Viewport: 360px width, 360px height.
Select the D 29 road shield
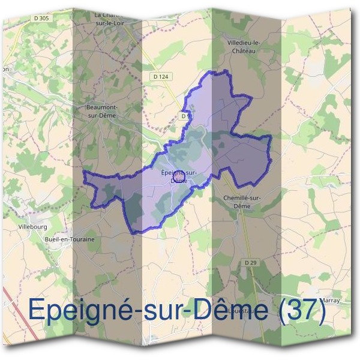click(x=251, y=263)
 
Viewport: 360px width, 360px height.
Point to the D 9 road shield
click(x=185, y=116)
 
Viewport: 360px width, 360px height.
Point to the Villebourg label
click(x=33, y=227)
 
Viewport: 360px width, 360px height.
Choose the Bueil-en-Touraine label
click(x=70, y=238)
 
